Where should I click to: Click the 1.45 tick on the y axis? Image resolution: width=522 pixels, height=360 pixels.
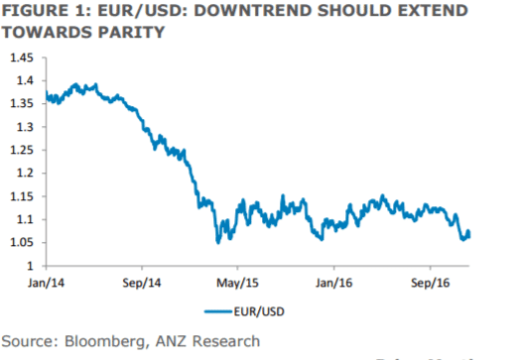click(19, 57)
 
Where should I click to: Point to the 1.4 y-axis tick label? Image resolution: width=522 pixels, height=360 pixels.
click(22, 80)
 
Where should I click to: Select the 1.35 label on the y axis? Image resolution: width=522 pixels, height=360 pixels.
click(19, 103)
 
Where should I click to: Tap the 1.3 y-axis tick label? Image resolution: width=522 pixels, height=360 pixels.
click(22, 127)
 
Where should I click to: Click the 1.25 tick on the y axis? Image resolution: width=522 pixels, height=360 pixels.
click(19, 150)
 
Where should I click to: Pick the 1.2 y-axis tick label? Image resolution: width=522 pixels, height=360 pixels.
click(22, 173)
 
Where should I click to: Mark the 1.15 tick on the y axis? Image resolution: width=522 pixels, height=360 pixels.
click(19, 196)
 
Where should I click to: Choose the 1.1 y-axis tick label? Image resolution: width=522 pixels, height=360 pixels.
click(22, 219)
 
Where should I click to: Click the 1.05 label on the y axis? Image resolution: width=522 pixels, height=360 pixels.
click(19, 243)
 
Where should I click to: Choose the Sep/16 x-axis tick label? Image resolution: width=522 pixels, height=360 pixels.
click(430, 282)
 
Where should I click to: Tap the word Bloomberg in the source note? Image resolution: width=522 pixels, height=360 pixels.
click(107, 341)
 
